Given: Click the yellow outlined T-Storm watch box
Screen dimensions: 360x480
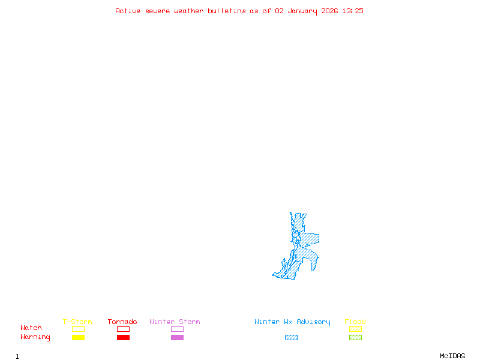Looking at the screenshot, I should (x=78, y=329).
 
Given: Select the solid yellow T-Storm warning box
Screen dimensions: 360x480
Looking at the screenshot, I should (x=78, y=337).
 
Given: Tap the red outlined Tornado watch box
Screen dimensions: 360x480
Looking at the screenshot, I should (x=123, y=329).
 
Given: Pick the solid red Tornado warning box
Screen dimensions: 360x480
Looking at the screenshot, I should (x=123, y=337).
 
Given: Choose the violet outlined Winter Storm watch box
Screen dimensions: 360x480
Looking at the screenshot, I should (x=177, y=329).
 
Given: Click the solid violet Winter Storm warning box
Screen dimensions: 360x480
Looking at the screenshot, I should (x=177, y=337).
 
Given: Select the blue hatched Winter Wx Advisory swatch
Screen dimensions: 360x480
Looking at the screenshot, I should (x=291, y=337).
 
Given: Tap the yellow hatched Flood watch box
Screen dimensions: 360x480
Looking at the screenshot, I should (x=355, y=329).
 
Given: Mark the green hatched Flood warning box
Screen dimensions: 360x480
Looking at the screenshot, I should (x=355, y=337).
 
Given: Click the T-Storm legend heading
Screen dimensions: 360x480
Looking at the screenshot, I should (x=77, y=322).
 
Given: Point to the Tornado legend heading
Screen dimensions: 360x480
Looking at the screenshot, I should (x=122, y=322).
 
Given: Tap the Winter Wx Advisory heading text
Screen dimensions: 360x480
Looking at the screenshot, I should (x=292, y=322).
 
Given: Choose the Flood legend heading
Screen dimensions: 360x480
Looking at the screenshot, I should (x=355, y=322).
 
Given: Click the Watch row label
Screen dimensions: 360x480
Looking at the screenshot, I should (x=31, y=328).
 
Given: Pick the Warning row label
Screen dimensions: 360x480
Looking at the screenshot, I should (x=35, y=337).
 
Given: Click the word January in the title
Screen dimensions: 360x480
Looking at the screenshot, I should (x=302, y=11).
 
